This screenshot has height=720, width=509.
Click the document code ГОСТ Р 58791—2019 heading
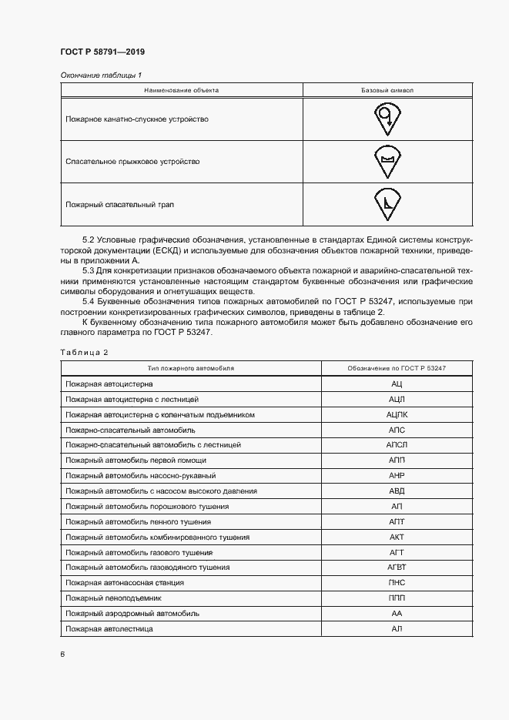(102, 52)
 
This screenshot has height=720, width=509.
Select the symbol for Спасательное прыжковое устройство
(387, 161)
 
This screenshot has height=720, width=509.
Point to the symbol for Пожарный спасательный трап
(387, 203)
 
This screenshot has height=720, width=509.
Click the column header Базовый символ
(387, 90)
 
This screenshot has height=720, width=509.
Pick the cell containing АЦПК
(397, 414)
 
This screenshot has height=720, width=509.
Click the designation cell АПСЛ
(397, 445)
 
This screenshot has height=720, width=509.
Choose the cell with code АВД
(397, 491)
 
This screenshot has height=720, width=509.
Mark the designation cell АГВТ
(397, 568)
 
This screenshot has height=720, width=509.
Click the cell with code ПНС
(397, 583)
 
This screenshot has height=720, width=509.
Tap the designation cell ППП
(397, 598)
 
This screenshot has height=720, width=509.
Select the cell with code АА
(397, 614)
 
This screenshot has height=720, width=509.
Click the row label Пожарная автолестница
(109, 629)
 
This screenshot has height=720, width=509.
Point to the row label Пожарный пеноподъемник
(114, 598)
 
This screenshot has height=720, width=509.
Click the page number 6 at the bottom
(62, 655)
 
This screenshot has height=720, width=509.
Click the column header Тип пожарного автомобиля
(191, 368)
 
